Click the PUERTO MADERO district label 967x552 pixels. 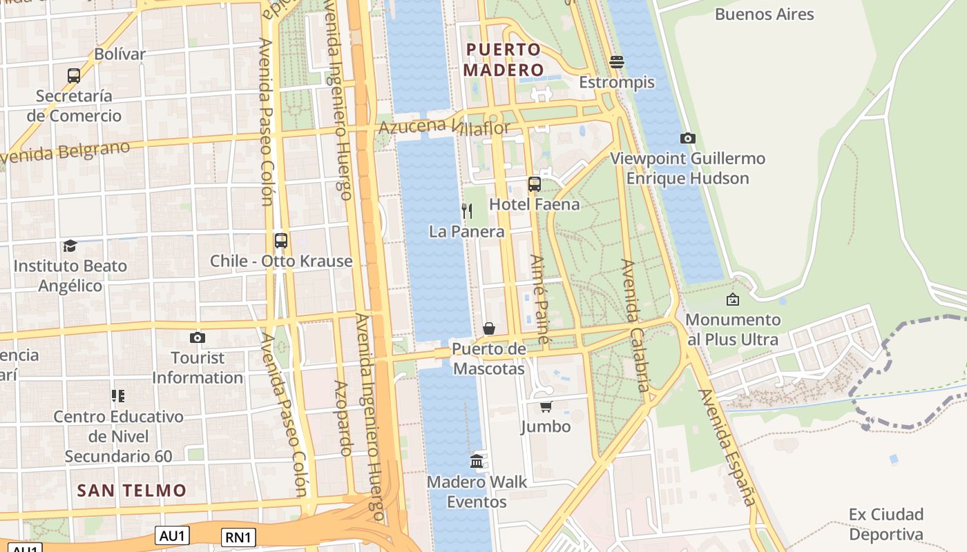pos(503,59)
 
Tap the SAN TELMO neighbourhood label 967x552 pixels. pos(131,491)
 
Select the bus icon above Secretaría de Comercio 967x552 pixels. pos(74,75)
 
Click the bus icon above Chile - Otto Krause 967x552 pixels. pos(280,241)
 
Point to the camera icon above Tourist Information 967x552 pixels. pos(198,337)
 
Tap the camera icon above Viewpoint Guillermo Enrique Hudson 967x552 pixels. pos(687,138)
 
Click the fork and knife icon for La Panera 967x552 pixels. pos(467,211)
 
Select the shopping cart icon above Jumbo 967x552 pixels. pos(546,406)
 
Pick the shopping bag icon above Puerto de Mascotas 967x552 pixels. pos(489,328)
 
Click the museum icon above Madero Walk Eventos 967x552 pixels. pos(477,461)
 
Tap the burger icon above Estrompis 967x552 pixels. pos(617,62)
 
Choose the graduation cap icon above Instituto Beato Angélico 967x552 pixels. pos(70,246)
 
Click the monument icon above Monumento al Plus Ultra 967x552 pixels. pos(733,299)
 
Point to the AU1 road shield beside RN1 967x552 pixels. pos(172,535)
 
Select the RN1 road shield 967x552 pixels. pos(239,538)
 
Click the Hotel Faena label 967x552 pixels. pos(534,204)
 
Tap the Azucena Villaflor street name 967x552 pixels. pos(444,127)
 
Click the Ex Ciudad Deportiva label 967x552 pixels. pos(885,524)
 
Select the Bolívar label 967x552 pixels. pos(119,54)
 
